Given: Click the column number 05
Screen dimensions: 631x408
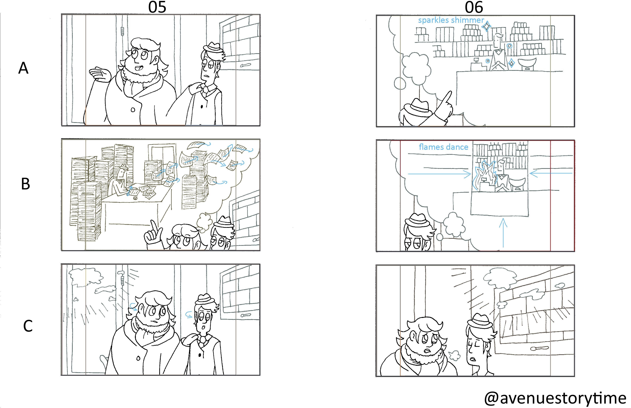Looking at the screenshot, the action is coord(157,7).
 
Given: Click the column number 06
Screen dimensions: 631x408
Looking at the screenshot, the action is coord(474,7).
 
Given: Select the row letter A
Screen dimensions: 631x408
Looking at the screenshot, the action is coord(23,68).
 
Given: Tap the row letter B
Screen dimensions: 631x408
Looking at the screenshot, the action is coord(25,184).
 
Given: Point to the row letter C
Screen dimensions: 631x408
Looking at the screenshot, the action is coord(28,326).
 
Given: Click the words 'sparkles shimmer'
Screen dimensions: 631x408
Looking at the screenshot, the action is coord(451,20).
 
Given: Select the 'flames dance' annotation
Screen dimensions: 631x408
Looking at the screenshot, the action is coord(443,147).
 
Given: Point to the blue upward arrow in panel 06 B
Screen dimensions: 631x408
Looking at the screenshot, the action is coord(503,233).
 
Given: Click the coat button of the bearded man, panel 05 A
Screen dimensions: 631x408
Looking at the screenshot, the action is coord(133,110).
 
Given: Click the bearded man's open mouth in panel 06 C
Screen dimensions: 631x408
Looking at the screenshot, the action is coord(426,351).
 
